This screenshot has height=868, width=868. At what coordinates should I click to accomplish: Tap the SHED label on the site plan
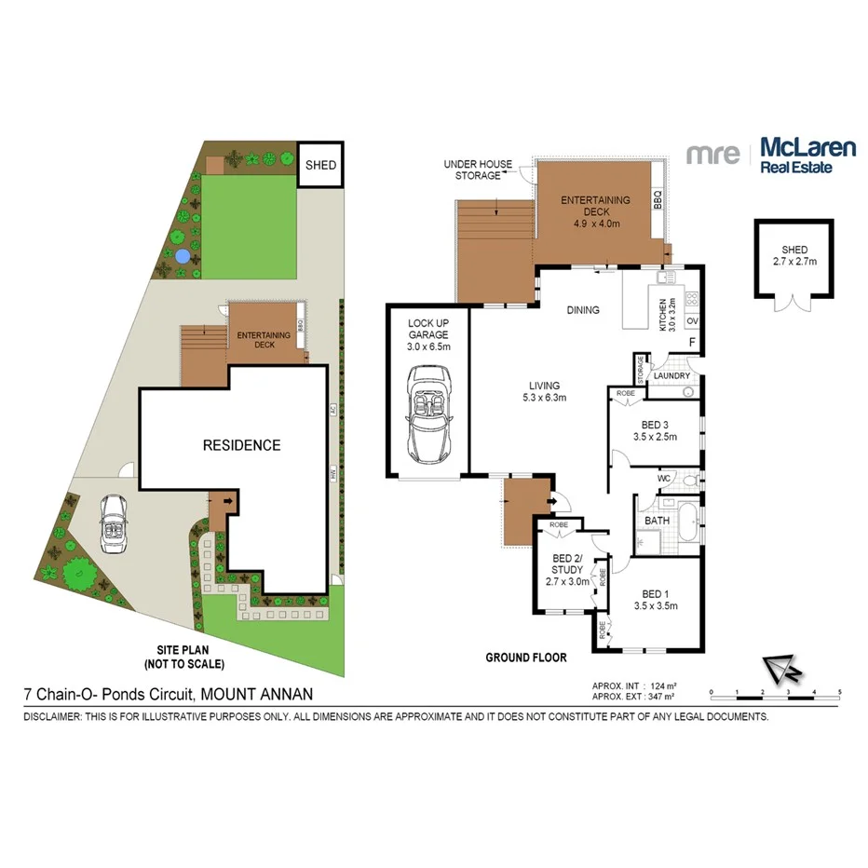(x=320, y=166)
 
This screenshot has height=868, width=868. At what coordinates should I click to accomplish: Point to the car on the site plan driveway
(x=114, y=524)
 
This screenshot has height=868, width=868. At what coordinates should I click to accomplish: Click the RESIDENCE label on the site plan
(x=241, y=445)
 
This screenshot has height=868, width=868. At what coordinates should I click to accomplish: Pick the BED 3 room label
(x=655, y=425)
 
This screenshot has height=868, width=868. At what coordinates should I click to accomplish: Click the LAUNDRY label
(x=672, y=376)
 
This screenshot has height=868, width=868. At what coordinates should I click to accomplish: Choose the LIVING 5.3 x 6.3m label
(x=544, y=391)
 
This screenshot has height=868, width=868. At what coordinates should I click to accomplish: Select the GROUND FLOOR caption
(x=526, y=658)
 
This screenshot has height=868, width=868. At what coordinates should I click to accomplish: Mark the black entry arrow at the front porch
(x=555, y=504)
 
